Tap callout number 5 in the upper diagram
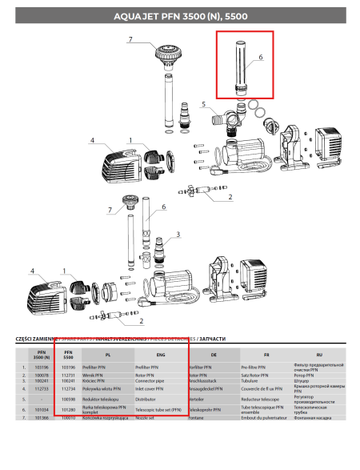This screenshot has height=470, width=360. (203, 105)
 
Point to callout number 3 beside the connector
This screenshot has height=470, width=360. (178, 234)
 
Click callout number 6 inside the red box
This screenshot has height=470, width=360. (259, 58)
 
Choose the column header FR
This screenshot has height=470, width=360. (265, 353)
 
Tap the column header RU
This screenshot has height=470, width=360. (318, 353)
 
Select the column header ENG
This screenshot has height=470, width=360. (160, 353)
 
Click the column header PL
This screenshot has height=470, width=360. (107, 353)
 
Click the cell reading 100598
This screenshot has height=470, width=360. (68, 397)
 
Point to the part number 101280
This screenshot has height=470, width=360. (68, 408)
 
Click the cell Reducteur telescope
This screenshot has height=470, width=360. (260, 397)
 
